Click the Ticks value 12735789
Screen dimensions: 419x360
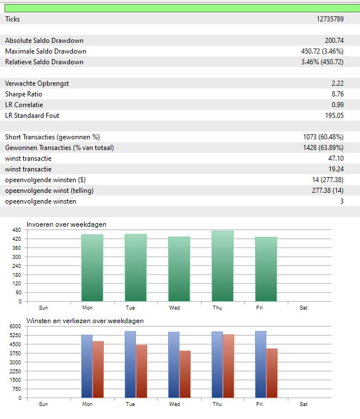[x=330, y=19]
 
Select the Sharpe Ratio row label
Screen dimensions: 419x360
[x=24, y=94]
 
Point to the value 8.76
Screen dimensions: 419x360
[x=337, y=94]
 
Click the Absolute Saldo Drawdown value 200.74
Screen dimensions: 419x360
[x=334, y=41]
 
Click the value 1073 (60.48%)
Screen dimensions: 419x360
[x=323, y=137]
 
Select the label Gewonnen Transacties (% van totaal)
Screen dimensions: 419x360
[x=59, y=148]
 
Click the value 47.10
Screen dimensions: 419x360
[x=336, y=158]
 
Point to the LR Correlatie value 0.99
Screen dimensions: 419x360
[x=337, y=105]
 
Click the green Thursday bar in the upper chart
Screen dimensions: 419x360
[x=222, y=266]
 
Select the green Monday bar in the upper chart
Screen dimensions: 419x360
[x=92, y=268]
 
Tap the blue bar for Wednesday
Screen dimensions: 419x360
[x=174, y=365]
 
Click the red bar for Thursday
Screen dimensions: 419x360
[x=228, y=366]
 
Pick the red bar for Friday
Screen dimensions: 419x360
[x=271, y=373]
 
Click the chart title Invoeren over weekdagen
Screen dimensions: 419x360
[x=67, y=224]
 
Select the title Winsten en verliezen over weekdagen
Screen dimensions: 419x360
[x=85, y=321]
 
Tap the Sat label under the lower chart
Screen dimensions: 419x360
[x=304, y=404]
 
